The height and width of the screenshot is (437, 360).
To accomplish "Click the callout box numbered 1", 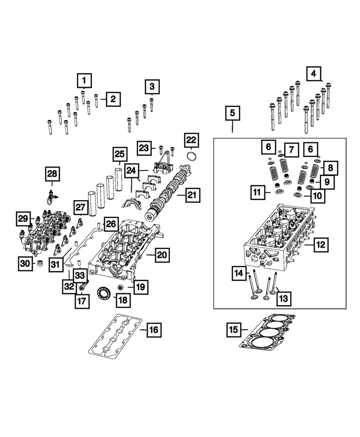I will (85, 80).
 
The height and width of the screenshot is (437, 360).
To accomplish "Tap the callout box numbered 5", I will (232, 114).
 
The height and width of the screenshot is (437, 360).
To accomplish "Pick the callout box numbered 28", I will (52, 174).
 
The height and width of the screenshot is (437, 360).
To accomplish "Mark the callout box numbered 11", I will (258, 191).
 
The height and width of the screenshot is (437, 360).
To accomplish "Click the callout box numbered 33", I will (80, 276).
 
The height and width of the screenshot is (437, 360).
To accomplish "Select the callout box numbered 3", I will (152, 86).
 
